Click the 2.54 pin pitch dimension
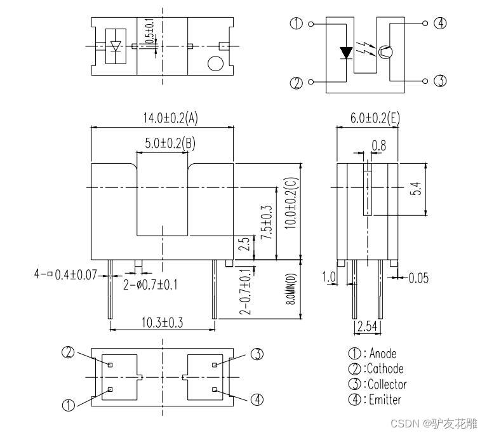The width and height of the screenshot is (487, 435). pyautogui.click(x=368, y=327)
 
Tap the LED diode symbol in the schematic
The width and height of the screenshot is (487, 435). pyautogui.click(x=346, y=53)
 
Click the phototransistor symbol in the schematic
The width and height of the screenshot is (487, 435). pyautogui.click(x=385, y=53)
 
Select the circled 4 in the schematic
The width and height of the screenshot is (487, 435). pyautogui.click(x=440, y=23)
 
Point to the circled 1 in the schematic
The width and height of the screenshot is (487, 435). pyautogui.click(x=297, y=23)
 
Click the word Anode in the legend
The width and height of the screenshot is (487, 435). pyautogui.click(x=385, y=354)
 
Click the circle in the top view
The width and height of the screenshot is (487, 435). pyautogui.click(x=215, y=64)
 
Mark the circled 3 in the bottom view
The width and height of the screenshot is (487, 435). pyautogui.click(x=257, y=354)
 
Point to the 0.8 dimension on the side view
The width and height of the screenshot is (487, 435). pyautogui.click(x=378, y=145)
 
